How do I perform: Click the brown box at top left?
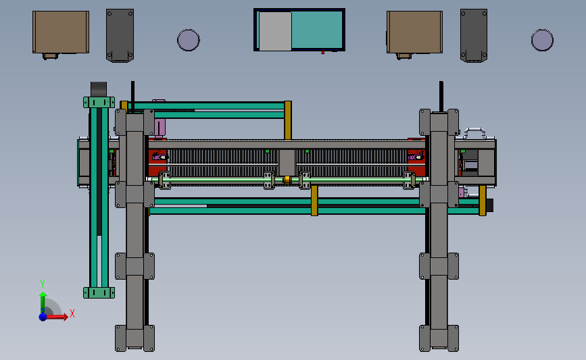[61, 32]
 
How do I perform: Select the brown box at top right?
[414, 32]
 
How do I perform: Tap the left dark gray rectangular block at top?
[120, 36]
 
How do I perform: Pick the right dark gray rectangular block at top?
[474, 36]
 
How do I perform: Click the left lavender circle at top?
[189, 40]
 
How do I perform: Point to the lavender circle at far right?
[542, 40]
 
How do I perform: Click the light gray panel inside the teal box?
[275, 31]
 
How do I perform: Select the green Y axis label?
[43, 284]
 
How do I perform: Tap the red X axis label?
[72, 313]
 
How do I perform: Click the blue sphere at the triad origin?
[43, 317]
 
